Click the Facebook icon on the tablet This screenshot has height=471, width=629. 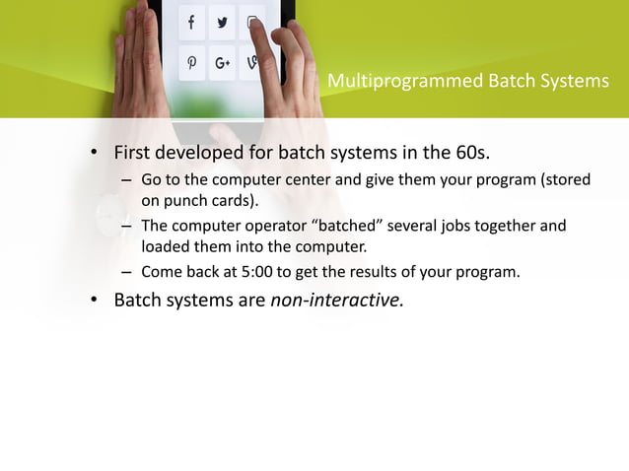point(191,23)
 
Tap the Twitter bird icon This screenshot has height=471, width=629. point(222,23)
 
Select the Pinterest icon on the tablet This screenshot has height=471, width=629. point(191,64)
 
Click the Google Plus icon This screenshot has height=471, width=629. point(222,64)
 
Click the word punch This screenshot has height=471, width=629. point(185,202)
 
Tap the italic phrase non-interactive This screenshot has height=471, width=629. point(336,300)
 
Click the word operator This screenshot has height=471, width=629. point(278,227)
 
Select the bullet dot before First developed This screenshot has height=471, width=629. point(96,155)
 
